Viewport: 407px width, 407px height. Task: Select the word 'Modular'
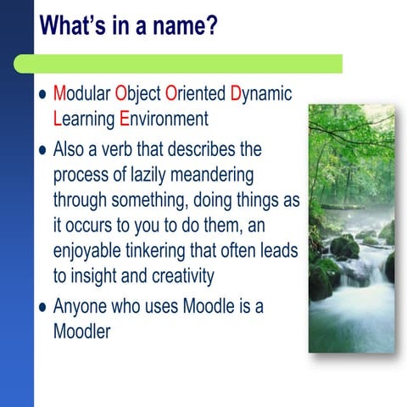point(81,94)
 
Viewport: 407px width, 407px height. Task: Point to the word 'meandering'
point(221,176)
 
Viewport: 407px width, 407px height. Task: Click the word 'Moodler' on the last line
point(82,332)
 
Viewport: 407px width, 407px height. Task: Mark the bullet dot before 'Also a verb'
point(42,151)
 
